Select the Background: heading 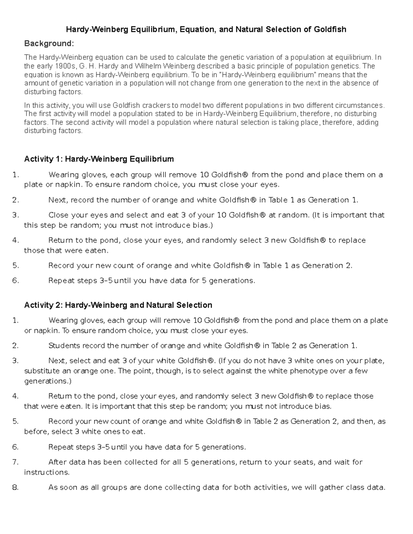pyautogui.click(x=49, y=44)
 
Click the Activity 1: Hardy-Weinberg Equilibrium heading pyautogui.click(x=99, y=159)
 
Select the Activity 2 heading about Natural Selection pyautogui.click(x=118, y=305)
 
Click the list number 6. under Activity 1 pyautogui.click(x=15, y=281)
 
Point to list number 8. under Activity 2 pyautogui.click(x=15, y=487)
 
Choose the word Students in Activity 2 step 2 pyautogui.click(x=64, y=346)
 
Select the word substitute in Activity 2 pyautogui.click(x=40, y=371)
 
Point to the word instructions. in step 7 pyautogui.click(x=46, y=472)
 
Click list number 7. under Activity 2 pyautogui.click(x=15, y=462)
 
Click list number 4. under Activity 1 pyautogui.click(x=15, y=240)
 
